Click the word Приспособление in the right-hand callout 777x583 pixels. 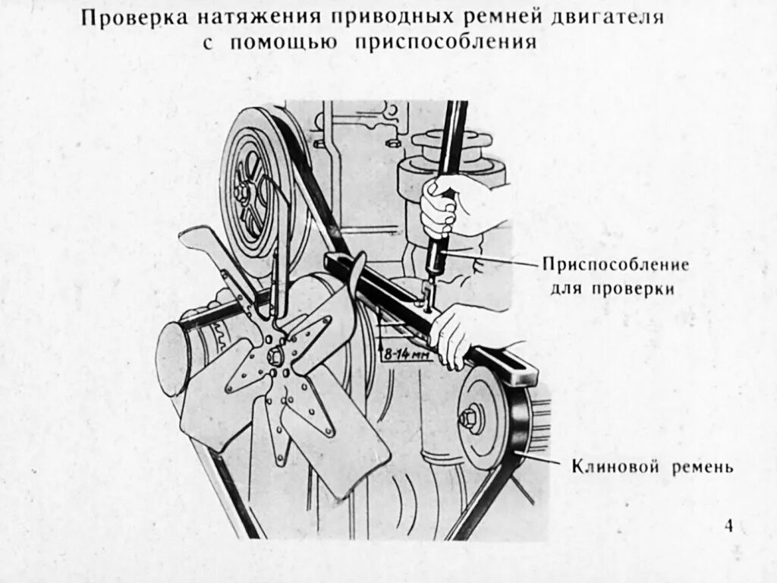point(615,266)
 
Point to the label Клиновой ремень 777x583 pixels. point(652,466)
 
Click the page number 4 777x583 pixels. point(728,526)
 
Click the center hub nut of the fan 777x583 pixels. point(275,355)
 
